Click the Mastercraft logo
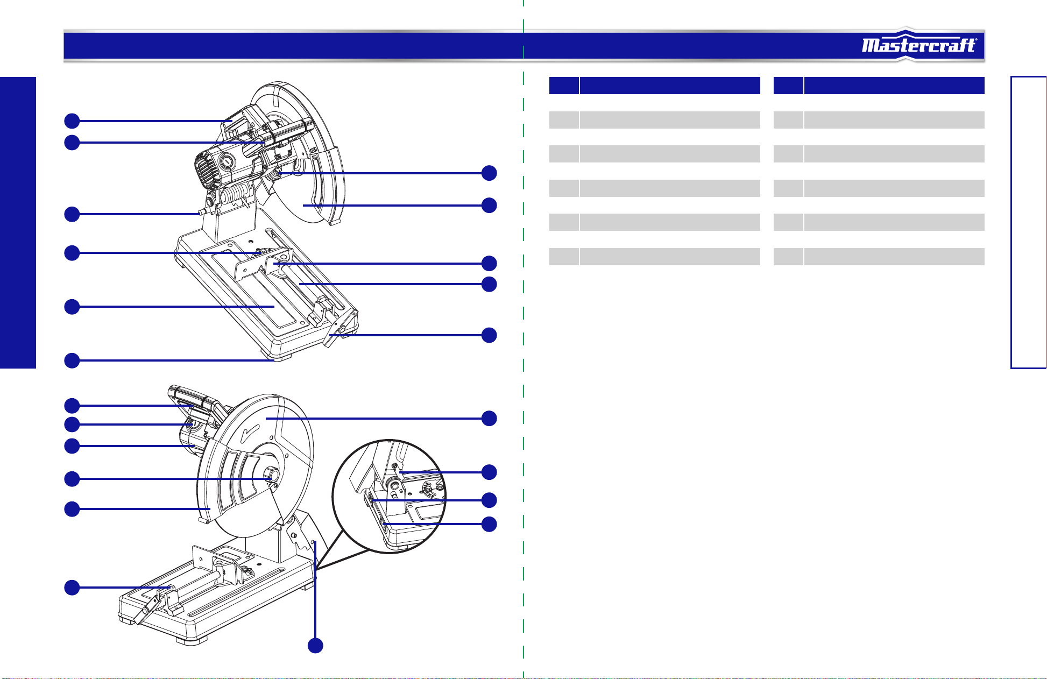pyautogui.click(x=919, y=45)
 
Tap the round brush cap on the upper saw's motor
pyautogui.click(x=227, y=161)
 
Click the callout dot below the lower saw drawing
pyautogui.click(x=315, y=646)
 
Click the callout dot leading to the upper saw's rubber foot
pyautogui.click(x=72, y=360)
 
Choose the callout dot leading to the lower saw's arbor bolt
pyautogui.click(x=72, y=478)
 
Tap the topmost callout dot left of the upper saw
pyautogui.click(x=72, y=121)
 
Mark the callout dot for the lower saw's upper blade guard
pyautogui.click(x=489, y=418)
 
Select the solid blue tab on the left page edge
pyautogui.click(x=18, y=223)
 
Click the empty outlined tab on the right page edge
pyautogui.click(x=1029, y=223)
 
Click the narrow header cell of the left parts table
pyautogui.click(x=564, y=86)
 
